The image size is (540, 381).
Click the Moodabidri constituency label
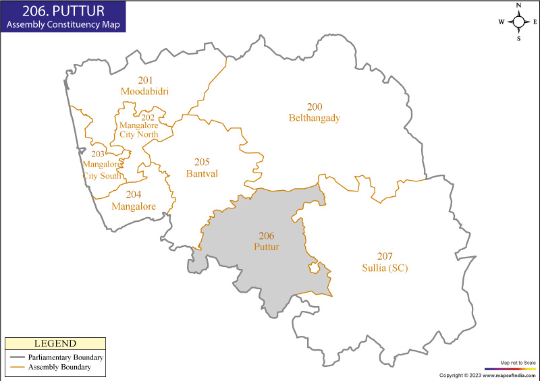(x=144, y=91)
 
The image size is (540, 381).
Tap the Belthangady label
(x=314, y=118)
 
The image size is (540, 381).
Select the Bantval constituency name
(x=202, y=173)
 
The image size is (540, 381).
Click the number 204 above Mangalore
(x=134, y=195)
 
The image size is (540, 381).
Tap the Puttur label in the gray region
(x=266, y=247)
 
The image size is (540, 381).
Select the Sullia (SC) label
(x=385, y=268)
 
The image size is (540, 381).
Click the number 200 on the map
(x=314, y=107)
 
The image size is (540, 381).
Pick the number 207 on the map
(x=385, y=256)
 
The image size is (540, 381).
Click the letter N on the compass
(x=518, y=5)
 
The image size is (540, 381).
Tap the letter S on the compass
(x=518, y=38)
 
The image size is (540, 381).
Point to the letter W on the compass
(x=502, y=22)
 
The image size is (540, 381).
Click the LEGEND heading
(x=55, y=344)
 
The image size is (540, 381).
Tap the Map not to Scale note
(x=518, y=362)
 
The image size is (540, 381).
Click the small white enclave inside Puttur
(x=314, y=269)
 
